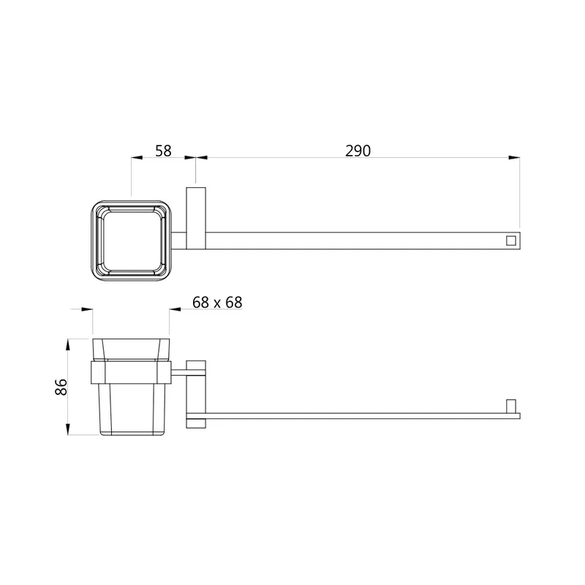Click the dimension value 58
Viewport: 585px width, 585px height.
163,151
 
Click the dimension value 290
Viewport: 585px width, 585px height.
358,151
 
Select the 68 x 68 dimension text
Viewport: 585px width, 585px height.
217,302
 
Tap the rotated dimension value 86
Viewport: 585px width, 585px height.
61,387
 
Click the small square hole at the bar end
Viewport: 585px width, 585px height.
510,241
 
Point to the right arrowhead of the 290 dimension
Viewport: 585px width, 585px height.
515,158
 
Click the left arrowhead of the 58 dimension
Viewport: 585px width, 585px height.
137,158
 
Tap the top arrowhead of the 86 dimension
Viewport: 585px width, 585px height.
67,344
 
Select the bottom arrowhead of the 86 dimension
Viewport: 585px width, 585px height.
67,429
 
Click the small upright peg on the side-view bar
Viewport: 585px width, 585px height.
510,407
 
